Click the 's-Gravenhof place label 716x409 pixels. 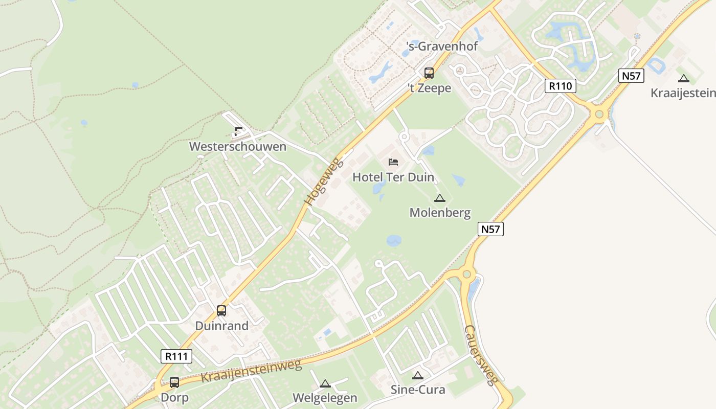[442, 47]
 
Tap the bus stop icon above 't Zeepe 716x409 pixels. [429, 73]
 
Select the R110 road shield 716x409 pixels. [560, 86]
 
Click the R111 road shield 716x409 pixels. [176, 356]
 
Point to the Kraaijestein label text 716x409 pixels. [683, 93]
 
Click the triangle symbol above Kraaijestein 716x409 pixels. [683, 79]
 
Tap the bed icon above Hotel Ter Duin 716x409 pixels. [393, 162]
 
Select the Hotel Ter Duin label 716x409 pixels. [393, 177]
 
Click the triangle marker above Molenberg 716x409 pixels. [439, 198]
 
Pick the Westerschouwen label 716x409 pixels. [238, 147]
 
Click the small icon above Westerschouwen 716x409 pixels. [238, 131]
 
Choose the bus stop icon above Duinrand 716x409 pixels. [221, 310]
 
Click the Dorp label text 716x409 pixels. [174, 397]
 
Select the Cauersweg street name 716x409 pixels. [481, 355]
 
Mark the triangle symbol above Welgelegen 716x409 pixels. [325, 384]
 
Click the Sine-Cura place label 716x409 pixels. [418, 390]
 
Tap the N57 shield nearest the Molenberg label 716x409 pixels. [490, 229]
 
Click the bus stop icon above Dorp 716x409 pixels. [174, 382]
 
